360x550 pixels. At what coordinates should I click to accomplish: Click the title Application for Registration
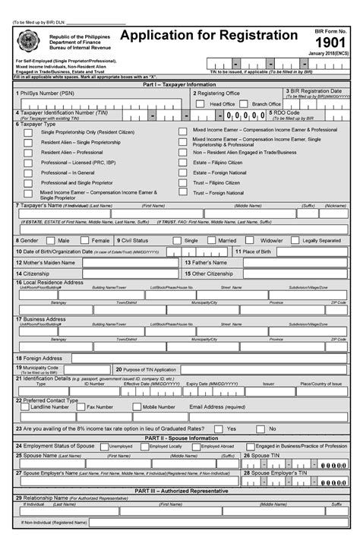(209, 36)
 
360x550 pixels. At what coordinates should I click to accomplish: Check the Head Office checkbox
(203, 103)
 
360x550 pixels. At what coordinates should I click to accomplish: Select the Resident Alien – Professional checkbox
(28, 152)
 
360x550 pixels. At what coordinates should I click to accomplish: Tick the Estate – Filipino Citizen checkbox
(183, 162)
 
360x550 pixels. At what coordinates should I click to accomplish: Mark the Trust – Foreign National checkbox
(183, 193)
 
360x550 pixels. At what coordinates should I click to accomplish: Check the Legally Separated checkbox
(294, 240)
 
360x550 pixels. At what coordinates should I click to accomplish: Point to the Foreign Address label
(43, 358)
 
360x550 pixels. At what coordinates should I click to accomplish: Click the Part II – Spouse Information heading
(179, 438)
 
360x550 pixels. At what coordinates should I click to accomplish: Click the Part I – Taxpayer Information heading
(179, 84)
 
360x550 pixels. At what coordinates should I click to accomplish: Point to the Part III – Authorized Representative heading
(179, 490)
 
